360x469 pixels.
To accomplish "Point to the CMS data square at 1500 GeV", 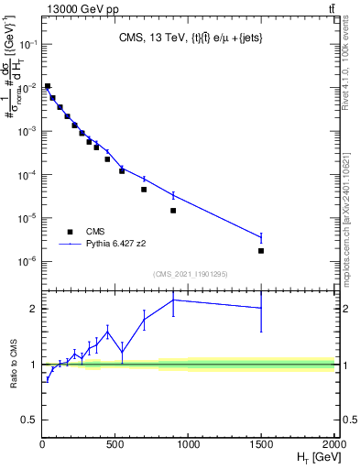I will coord(261,251).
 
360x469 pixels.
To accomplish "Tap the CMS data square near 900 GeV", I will coord(173,211).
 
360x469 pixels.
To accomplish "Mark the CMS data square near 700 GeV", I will coord(144,190).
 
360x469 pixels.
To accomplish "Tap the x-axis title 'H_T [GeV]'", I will coord(314,457).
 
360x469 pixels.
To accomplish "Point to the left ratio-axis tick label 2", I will coord(33,309).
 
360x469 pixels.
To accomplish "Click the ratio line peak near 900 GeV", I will coord(173,300).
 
